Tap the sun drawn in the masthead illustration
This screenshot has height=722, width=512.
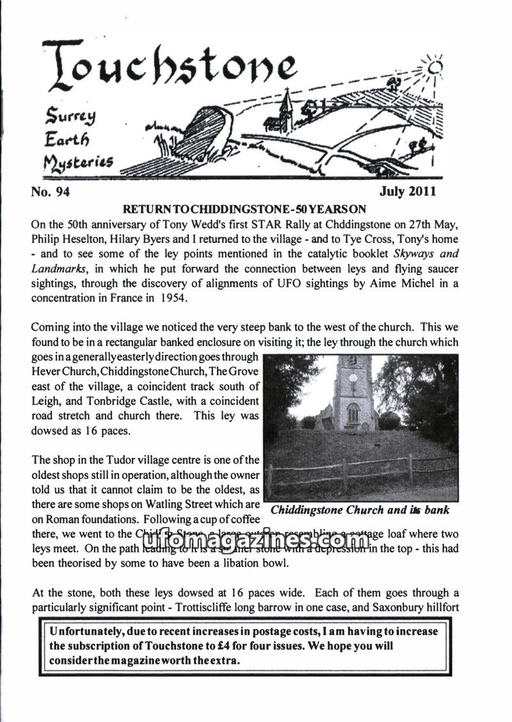point(436,67)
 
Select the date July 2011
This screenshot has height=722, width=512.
point(407,191)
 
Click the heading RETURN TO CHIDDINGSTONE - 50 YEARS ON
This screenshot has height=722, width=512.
point(244,208)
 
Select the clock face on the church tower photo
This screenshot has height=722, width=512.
point(353,377)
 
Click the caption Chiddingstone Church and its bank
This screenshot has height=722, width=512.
point(360,510)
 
